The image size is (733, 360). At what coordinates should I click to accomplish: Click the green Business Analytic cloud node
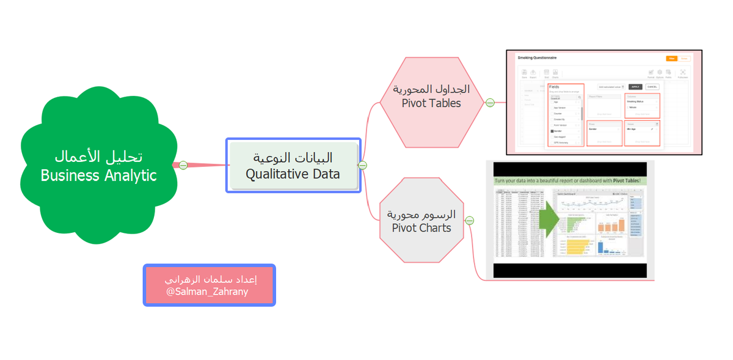point(98,165)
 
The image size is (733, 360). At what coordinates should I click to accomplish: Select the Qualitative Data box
point(293,166)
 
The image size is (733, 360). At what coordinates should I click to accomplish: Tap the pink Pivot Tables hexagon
point(431,103)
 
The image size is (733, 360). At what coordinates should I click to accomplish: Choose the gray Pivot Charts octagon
point(421,221)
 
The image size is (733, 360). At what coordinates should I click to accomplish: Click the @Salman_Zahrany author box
point(210,285)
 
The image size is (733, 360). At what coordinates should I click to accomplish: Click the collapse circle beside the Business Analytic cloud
point(183,165)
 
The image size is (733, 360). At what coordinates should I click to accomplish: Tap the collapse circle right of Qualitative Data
point(362,165)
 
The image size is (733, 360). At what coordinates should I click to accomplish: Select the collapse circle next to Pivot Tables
point(490,103)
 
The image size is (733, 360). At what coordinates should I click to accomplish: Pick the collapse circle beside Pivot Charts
point(469,221)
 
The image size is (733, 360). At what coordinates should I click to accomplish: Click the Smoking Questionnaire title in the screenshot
point(537,58)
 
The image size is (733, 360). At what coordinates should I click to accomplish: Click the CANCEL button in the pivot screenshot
point(652,87)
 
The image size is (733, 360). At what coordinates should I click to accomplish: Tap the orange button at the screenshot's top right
point(671,58)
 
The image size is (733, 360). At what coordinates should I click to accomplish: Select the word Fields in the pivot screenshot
point(554,87)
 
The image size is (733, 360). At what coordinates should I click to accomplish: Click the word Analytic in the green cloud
point(129,176)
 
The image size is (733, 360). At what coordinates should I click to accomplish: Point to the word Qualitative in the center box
point(272,174)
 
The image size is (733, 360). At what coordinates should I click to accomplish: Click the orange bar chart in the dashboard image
point(611,223)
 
